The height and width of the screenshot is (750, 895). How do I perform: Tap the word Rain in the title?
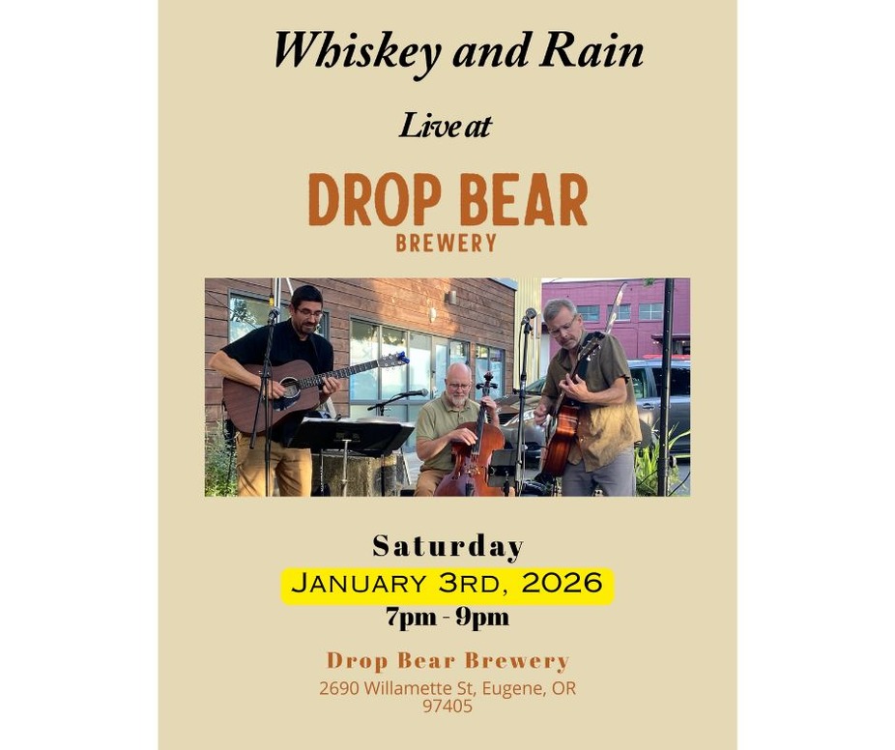click(x=592, y=51)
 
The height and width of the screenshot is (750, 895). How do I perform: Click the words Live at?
click(x=446, y=126)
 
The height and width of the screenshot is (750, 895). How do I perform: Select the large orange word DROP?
click(x=375, y=200)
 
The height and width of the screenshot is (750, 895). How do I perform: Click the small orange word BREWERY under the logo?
click(x=447, y=244)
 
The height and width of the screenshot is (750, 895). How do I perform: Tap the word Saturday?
click(x=448, y=546)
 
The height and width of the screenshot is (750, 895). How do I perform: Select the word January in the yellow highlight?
click(x=358, y=584)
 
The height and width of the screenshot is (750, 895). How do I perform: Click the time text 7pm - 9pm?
click(x=447, y=618)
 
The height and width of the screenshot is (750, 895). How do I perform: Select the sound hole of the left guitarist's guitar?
click(x=290, y=389)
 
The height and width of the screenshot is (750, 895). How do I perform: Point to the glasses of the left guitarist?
click(x=308, y=313)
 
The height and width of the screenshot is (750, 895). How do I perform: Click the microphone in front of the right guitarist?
click(x=529, y=314)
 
